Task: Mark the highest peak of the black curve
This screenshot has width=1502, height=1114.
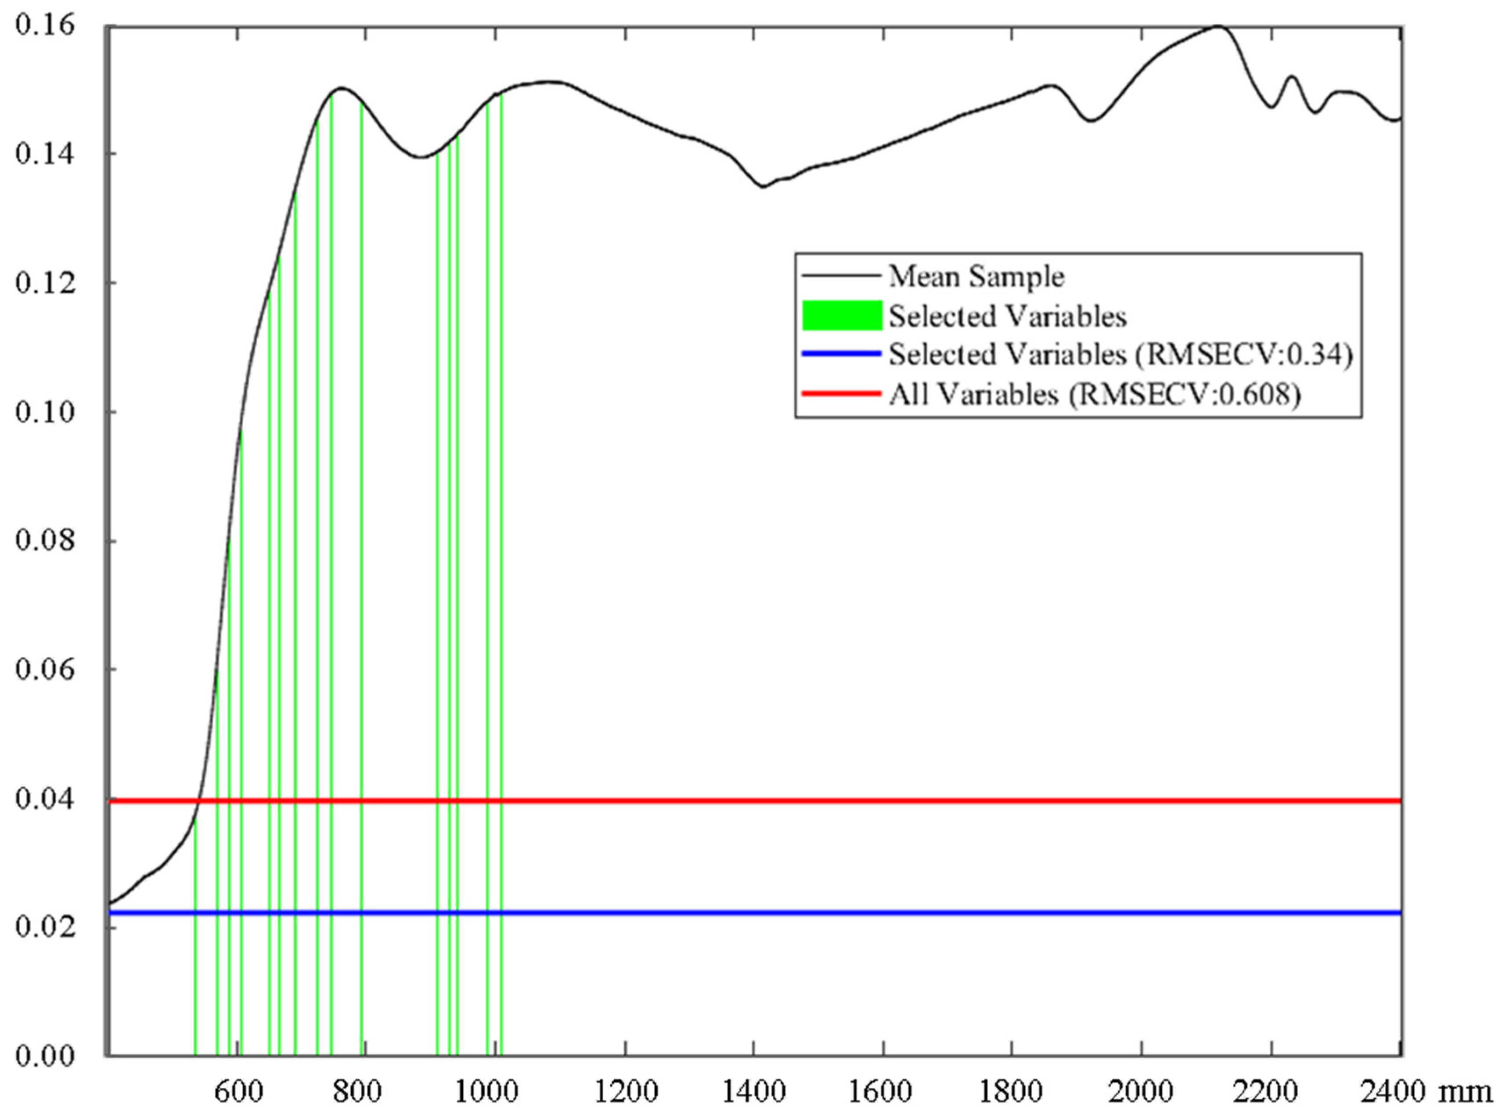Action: (x=1217, y=26)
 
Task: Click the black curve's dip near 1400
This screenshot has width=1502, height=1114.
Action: (x=763, y=186)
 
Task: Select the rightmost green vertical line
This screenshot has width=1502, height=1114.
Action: (x=501, y=607)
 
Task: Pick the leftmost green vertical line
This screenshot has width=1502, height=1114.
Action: (x=195, y=944)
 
